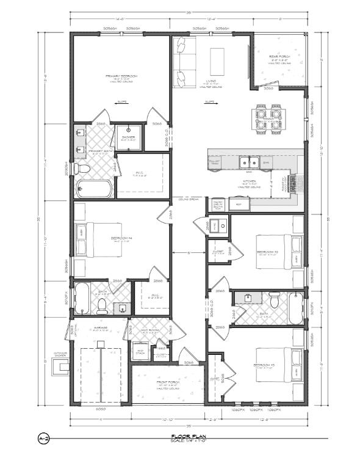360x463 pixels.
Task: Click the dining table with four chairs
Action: tap(268, 119)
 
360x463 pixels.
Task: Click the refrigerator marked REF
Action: tap(239, 205)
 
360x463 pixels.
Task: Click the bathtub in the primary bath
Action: tap(93, 187)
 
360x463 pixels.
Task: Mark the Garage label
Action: tap(101, 328)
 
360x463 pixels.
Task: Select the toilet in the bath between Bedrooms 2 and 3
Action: tap(275, 301)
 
